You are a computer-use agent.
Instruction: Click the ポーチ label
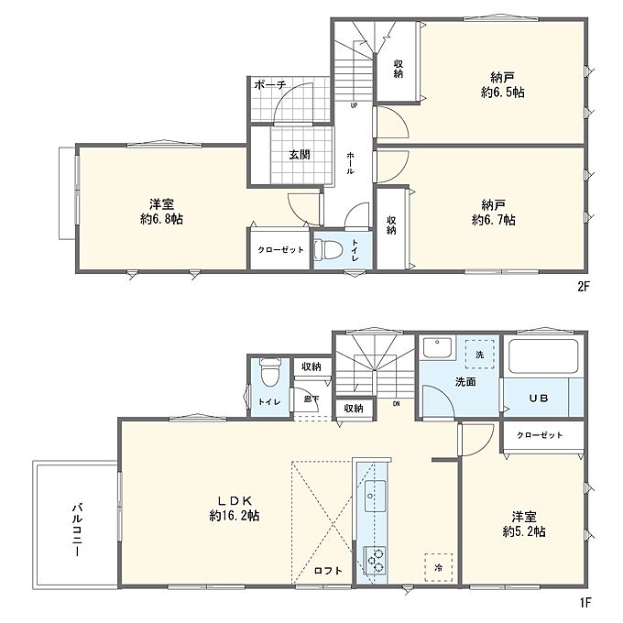tap(269, 84)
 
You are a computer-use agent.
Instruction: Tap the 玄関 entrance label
tap(300, 155)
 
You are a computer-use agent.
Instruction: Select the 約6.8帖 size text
tap(162, 219)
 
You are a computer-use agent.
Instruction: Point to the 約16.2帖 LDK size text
tap(235, 516)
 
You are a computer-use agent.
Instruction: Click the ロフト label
tap(328, 571)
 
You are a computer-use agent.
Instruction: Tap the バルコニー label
tap(78, 530)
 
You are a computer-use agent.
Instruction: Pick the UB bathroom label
tap(539, 398)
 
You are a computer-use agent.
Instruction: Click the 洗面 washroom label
tap(465, 382)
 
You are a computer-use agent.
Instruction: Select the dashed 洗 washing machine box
tap(479, 354)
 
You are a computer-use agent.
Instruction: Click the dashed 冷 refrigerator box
tap(438, 568)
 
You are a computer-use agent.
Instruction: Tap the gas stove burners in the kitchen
tap(375, 560)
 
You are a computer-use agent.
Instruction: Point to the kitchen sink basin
tap(375, 497)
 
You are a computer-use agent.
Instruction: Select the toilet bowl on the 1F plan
tap(269, 373)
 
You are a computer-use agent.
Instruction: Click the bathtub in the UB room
tap(543, 355)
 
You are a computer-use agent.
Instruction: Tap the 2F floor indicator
tap(583, 287)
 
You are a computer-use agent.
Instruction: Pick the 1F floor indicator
tap(585, 603)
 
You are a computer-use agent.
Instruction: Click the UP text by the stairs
tap(354, 105)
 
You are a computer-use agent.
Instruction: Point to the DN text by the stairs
tap(396, 404)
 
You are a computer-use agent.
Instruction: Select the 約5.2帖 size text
tap(524, 531)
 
